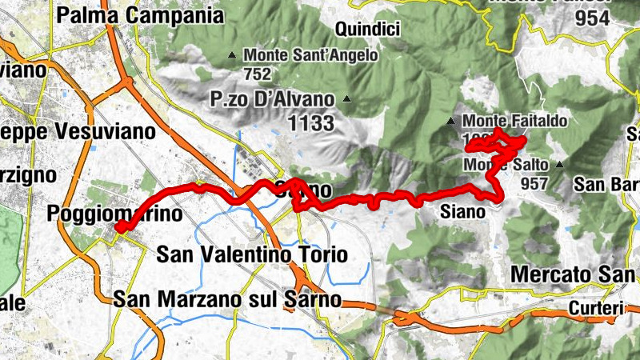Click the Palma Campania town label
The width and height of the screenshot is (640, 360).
[141, 14]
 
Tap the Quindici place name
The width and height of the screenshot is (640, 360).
[368, 30]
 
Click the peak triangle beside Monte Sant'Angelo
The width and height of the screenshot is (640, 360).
[232, 55]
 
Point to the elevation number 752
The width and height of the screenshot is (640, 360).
[257, 74]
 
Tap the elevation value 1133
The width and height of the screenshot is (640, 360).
[308, 123]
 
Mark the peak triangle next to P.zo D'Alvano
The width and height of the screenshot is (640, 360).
[346, 99]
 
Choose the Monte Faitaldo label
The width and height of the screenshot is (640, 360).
[515, 122]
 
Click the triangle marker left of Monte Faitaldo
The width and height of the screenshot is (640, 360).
[450, 122]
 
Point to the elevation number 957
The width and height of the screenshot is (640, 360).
[534, 182]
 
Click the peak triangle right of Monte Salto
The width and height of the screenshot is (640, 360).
[559, 165]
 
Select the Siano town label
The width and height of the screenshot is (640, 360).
[463, 212]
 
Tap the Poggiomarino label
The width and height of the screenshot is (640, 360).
[115, 214]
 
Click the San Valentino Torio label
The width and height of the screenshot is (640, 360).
[252, 255]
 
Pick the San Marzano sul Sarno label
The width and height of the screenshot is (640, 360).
[228, 300]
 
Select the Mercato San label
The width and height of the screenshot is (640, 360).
[572, 274]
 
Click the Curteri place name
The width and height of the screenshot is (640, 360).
[596, 308]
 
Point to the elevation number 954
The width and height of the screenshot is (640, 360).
[592, 18]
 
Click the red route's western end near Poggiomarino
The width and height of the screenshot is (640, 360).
[118, 229]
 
